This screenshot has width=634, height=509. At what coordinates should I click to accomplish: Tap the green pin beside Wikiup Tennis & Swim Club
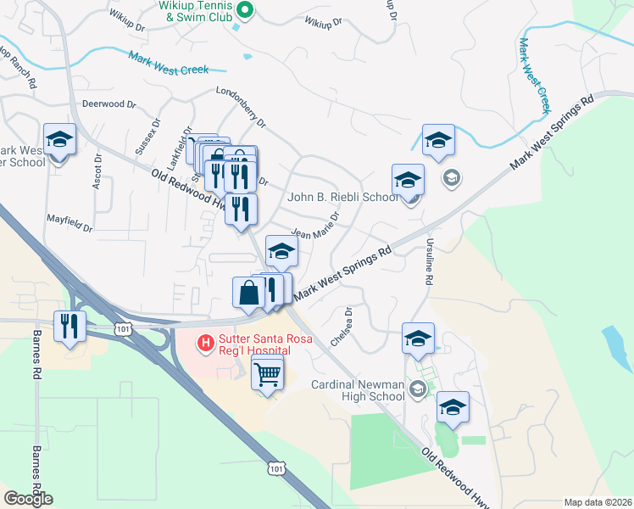click(245, 10)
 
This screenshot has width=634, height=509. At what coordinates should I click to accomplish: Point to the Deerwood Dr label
click(108, 104)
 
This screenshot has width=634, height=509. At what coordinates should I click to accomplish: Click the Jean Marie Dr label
click(315, 224)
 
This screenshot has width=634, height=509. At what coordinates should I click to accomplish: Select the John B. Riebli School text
click(342, 197)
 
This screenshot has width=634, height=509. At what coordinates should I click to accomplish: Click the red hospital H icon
click(204, 343)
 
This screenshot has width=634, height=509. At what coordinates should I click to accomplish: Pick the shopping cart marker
click(268, 372)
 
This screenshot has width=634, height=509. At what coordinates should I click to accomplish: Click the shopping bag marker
click(250, 293)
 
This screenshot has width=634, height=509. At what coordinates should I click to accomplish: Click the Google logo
click(28, 499)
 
